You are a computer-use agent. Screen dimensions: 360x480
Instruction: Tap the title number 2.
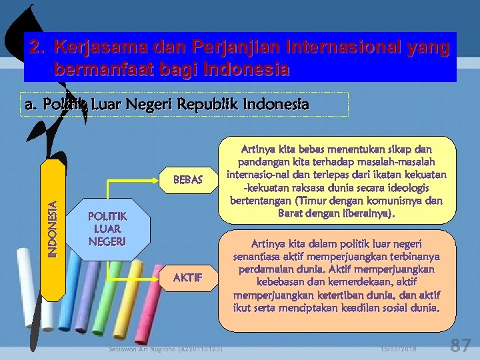[x=36, y=48]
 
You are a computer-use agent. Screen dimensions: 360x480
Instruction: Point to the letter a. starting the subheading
[x=31, y=105]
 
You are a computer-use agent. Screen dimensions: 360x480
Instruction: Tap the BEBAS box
[x=187, y=179]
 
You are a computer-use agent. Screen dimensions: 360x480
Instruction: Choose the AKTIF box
[x=187, y=277]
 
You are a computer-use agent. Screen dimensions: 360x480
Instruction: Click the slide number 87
[x=460, y=345]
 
